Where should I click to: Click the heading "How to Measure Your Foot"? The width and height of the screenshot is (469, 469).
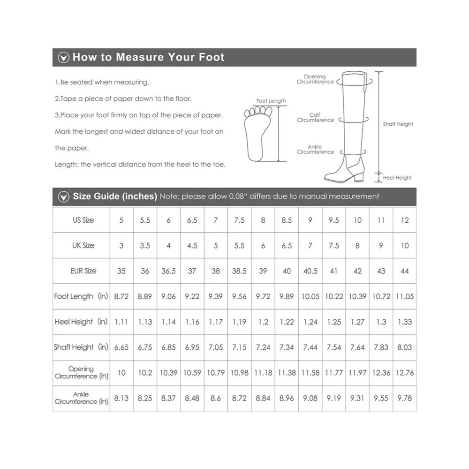148,58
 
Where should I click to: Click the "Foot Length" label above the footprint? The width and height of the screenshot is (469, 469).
271,101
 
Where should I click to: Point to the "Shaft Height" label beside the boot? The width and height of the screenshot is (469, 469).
398,124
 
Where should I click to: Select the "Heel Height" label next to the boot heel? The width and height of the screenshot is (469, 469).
397,178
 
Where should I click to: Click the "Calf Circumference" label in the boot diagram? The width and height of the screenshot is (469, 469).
315,118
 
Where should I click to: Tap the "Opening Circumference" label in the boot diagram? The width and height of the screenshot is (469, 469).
315,79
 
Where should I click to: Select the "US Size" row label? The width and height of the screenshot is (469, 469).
83,220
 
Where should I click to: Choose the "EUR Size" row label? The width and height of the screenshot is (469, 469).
83,271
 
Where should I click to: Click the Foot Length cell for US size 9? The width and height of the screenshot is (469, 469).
310,296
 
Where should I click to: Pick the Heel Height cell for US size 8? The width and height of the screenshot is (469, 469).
263,322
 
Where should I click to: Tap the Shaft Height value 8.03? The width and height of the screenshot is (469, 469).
404,348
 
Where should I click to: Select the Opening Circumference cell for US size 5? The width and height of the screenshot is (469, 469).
121,373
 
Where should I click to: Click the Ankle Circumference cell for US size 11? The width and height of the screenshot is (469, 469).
381,398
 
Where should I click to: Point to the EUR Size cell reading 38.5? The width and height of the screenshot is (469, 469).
239,271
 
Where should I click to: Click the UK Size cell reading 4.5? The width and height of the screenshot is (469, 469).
192,246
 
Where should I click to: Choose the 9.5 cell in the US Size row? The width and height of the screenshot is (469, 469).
333,220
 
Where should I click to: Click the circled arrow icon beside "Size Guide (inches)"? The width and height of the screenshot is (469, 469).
62,197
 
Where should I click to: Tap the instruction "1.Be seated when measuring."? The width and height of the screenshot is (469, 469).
102,82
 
